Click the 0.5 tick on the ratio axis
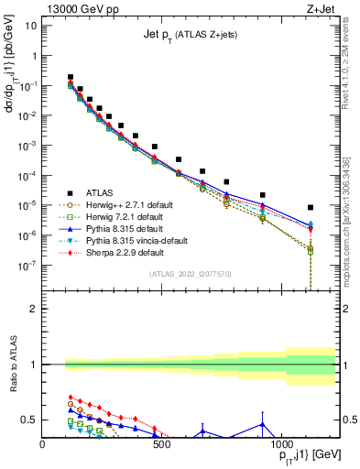[28, 420]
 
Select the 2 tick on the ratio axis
[33, 309]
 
